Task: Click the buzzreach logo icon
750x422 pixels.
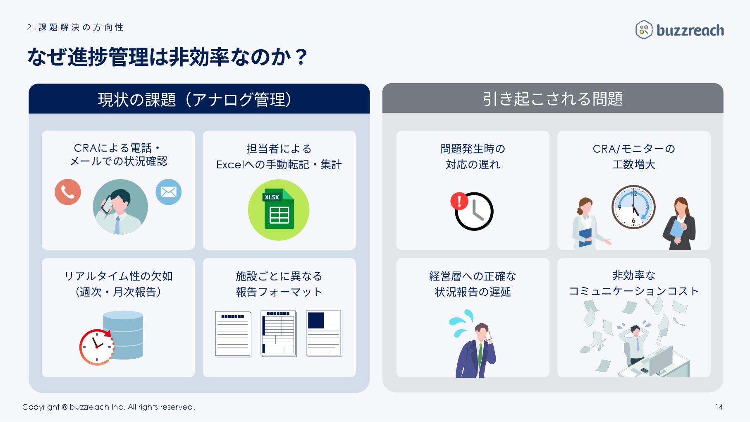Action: click(x=644, y=30)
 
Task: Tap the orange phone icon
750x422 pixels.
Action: click(x=68, y=192)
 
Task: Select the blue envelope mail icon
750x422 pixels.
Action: click(x=168, y=192)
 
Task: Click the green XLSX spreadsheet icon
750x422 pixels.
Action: click(x=279, y=210)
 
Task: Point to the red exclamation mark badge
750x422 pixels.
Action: click(x=459, y=201)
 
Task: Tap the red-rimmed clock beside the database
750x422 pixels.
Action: click(x=97, y=347)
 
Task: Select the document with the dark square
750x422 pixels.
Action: click(x=324, y=333)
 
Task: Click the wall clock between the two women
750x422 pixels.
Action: click(x=633, y=207)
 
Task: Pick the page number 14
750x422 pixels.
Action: click(x=719, y=407)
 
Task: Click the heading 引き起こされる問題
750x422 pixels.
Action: click(x=552, y=99)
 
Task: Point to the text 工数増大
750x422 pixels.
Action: click(x=633, y=165)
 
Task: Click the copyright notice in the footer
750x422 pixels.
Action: click(x=108, y=407)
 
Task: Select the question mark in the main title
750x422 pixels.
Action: click(x=301, y=57)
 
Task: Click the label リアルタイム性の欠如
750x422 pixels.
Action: click(x=118, y=276)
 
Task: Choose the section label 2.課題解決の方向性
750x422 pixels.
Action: click(x=75, y=28)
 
